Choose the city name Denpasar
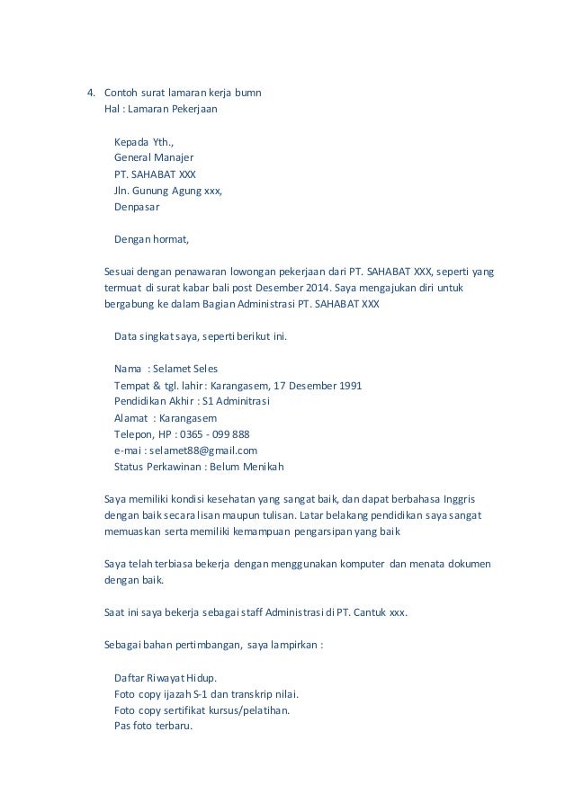(x=137, y=207)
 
